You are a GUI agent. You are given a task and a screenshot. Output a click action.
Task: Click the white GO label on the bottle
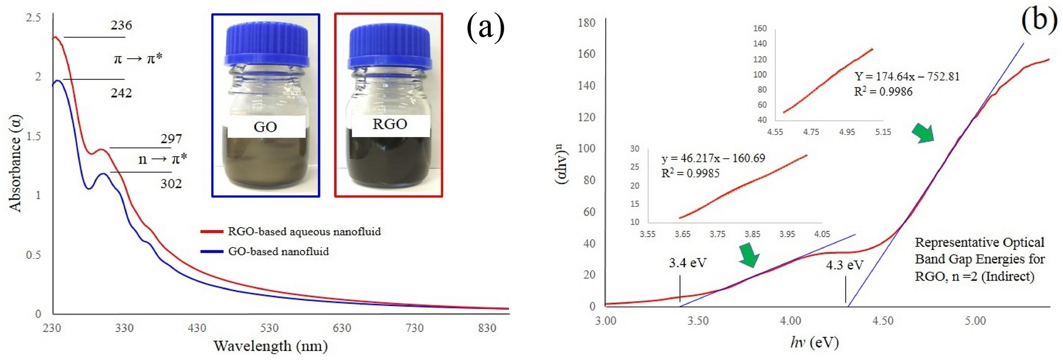pos(265,127)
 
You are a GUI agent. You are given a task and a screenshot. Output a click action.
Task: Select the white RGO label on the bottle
pos(390,124)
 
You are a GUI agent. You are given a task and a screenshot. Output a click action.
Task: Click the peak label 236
pos(121,25)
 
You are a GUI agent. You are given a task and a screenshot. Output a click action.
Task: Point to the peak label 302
pos(171,184)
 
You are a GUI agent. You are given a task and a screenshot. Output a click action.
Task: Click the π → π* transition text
pos(138,58)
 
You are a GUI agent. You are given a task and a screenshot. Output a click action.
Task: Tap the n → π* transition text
pos(163,159)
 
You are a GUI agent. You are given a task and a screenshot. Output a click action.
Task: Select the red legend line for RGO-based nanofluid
pos(211,231)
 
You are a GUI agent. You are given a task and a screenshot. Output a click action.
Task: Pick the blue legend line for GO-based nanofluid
pos(211,251)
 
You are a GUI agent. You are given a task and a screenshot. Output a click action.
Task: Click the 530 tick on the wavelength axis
pos(269,328)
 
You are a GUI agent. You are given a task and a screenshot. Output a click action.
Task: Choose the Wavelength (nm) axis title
pos(270,346)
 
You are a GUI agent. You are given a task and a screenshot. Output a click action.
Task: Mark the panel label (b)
pos(1039,20)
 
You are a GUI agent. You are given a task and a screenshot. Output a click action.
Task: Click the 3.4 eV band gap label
pos(687,263)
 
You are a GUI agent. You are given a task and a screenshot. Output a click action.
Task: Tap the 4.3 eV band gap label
pos(845,265)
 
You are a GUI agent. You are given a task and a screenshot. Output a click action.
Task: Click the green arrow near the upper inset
pos(923,133)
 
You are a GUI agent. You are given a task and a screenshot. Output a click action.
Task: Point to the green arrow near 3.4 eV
pos(749,255)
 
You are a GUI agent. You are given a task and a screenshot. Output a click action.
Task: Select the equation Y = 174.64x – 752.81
pos(907,77)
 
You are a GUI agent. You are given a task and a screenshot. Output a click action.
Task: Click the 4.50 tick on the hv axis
pos(883,321)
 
